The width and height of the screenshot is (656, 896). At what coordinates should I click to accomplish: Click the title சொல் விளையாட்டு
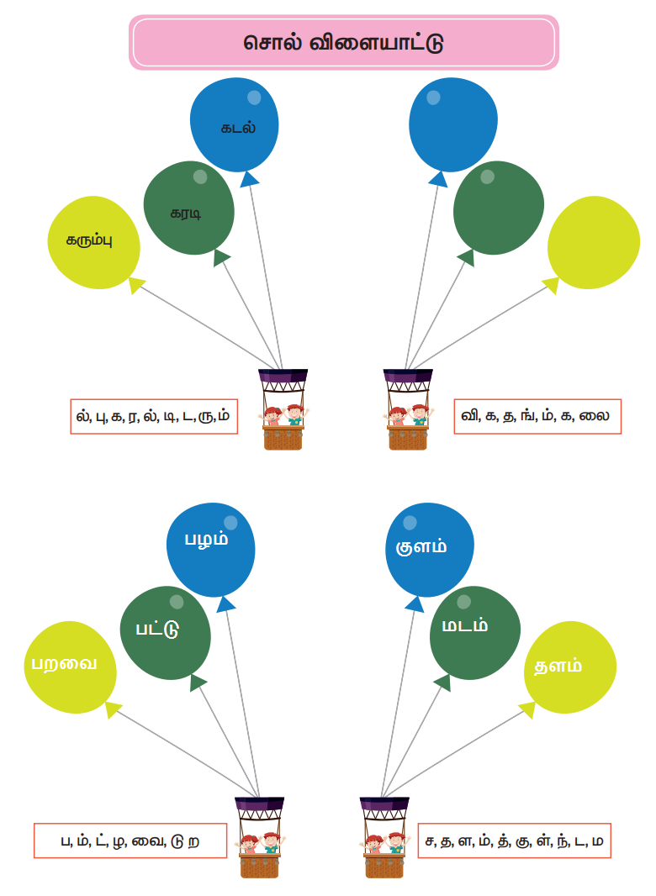pyautogui.click(x=343, y=42)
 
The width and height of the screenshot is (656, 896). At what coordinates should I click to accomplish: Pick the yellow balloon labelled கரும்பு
pyautogui.click(x=93, y=242)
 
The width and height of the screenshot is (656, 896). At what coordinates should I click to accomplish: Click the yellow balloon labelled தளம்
pyautogui.click(x=565, y=667)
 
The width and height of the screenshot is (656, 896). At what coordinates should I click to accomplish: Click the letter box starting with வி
pyautogui.click(x=537, y=416)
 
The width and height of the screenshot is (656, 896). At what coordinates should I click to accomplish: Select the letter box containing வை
pyautogui.click(x=130, y=841)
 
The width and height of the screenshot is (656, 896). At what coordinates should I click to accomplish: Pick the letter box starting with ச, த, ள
pyautogui.click(x=513, y=841)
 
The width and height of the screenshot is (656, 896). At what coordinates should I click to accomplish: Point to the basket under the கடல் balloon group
pyautogui.click(x=283, y=412)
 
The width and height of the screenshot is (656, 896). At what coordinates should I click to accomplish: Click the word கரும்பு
pyautogui.click(x=90, y=240)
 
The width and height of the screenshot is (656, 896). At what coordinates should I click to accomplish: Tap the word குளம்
pyautogui.click(x=421, y=547)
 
